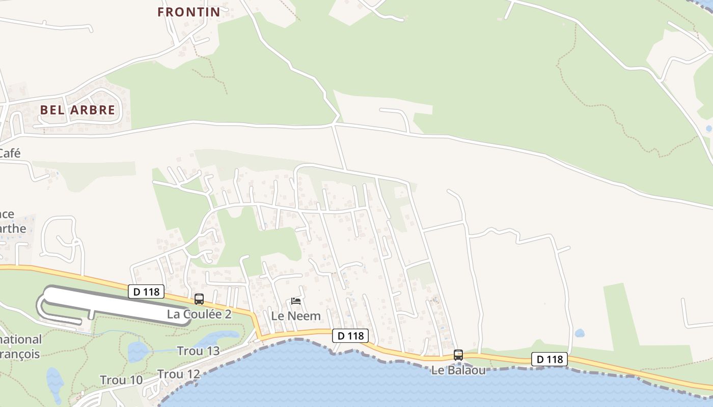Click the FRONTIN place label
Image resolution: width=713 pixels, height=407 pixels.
click(188, 12)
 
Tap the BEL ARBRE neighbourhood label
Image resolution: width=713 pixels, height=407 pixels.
click(77, 110)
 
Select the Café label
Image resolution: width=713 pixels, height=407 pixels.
click(10, 153)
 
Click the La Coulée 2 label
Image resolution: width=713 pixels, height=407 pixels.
click(199, 314)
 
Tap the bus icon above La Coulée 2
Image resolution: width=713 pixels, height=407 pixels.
click(199, 299)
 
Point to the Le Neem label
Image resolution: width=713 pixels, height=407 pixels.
click(296, 316)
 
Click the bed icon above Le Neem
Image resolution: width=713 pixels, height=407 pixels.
click(296, 301)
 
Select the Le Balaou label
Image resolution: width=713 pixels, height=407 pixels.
click(458, 370)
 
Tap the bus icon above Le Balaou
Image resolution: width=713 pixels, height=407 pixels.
click(458, 355)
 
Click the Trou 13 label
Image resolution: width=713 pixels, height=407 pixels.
click(198, 351)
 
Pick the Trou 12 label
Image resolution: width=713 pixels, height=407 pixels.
click(179, 374)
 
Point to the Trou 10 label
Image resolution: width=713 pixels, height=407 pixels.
click(121, 380)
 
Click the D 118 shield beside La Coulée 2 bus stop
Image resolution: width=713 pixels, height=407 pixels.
click(146, 292)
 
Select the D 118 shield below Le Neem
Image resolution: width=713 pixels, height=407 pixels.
click(350, 336)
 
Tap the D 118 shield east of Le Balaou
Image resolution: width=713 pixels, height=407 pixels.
click(549, 359)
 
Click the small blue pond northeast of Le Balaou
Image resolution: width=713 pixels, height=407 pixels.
click(580, 334)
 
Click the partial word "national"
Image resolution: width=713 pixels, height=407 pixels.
click(21, 339)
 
